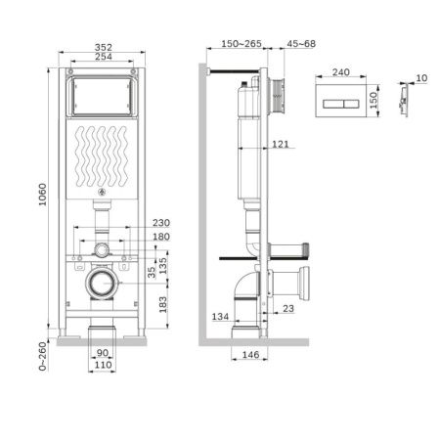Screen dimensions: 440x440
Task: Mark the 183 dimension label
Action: [162, 305]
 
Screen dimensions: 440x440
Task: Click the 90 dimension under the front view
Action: [103, 355]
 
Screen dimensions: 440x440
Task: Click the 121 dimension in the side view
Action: [280, 146]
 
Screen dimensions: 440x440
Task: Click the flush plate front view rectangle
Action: [340, 101]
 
